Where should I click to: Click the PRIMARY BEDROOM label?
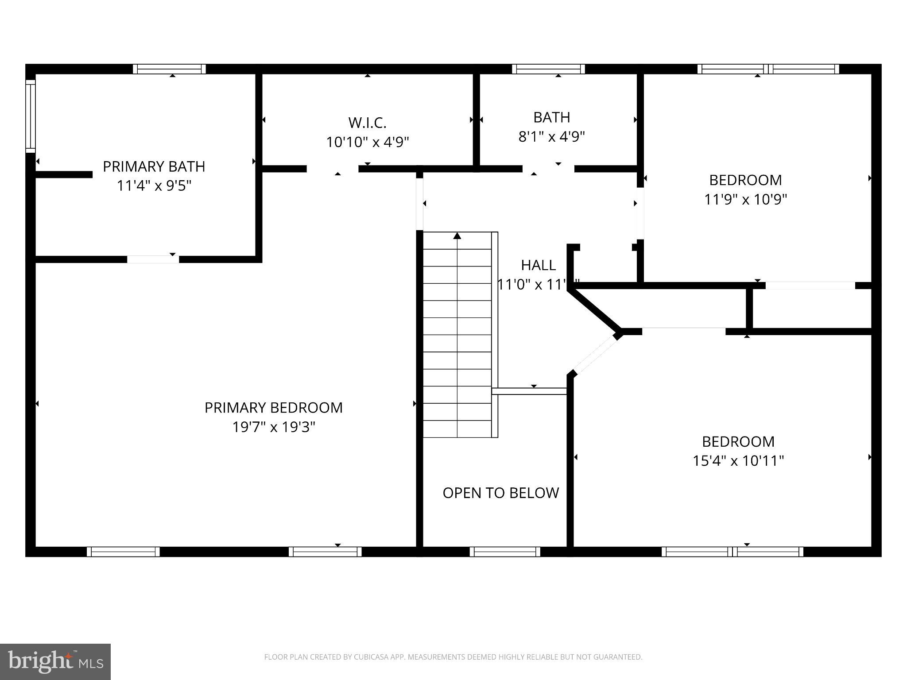point(273,407)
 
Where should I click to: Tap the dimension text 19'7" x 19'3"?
point(273,427)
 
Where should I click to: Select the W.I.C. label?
point(367,122)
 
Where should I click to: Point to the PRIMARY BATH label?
point(154,166)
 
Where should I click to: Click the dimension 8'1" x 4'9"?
point(551,136)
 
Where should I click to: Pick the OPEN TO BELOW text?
point(500,493)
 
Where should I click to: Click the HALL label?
point(538,265)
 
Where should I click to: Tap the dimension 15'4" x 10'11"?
point(738,461)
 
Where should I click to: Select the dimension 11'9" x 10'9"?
point(745,199)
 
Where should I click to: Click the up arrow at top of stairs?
point(457,236)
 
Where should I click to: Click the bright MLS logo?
point(55,661)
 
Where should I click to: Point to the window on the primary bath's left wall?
point(30,116)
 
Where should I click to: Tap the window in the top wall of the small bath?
point(548,69)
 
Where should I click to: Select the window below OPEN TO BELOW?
point(505,552)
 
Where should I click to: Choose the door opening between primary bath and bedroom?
point(153,259)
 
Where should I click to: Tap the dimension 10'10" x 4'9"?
point(367,142)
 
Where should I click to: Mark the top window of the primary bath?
point(169,69)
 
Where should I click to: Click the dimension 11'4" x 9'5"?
point(154,185)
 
